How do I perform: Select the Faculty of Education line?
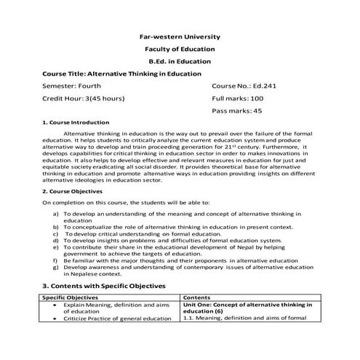(180, 48)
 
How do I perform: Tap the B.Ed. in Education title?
(180, 61)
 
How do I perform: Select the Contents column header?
(198, 297)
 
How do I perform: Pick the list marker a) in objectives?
(57, 215)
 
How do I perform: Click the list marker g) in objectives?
(57, 267)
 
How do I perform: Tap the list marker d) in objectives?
(57, 240)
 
